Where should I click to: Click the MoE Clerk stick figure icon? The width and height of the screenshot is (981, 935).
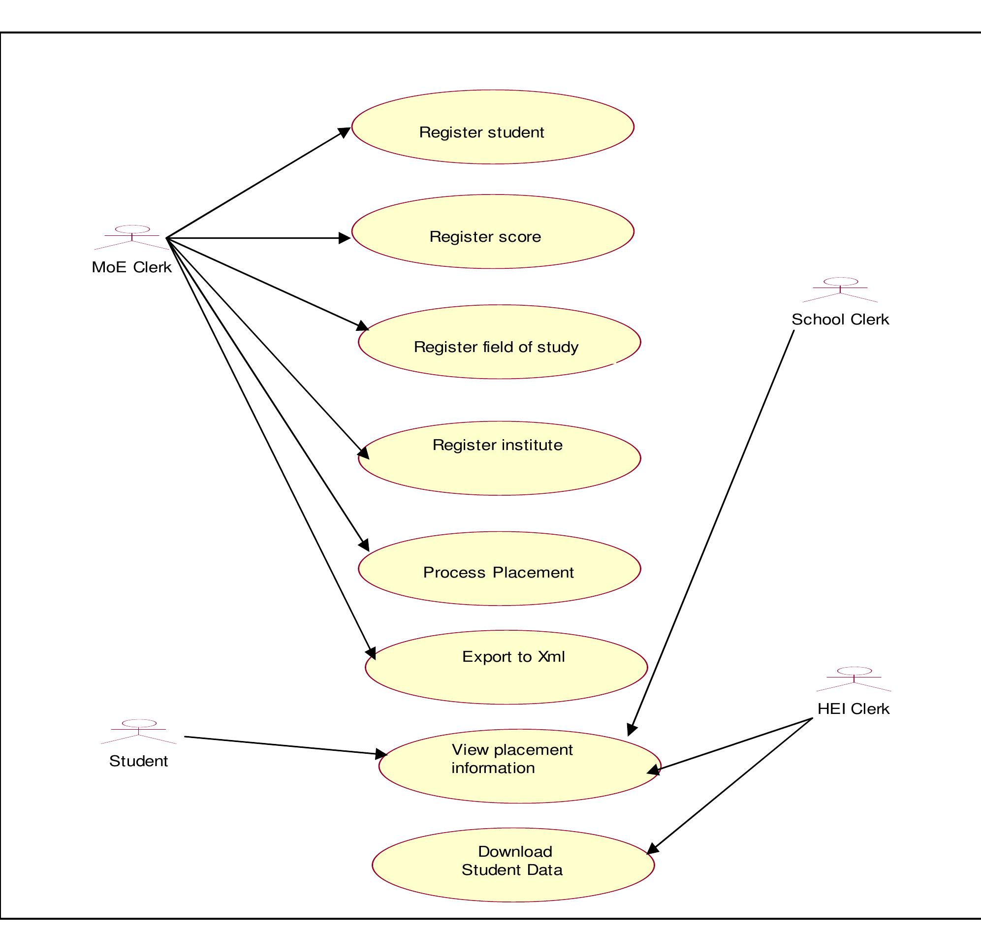coord(132,237)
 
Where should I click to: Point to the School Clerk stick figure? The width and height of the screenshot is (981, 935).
coord(840,290)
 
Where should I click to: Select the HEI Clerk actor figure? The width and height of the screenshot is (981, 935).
coord(854,679)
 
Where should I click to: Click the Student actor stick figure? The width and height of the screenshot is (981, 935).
coord(138,731)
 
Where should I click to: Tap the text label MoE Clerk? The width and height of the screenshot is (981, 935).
coord(131,267)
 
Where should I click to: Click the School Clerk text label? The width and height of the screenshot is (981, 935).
coord(840,320)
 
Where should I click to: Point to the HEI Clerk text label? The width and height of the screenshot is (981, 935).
coord(853,709)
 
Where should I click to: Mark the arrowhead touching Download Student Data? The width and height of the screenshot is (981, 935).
coord(652,850)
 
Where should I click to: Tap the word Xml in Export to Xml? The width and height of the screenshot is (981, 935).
coord(551,657)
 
